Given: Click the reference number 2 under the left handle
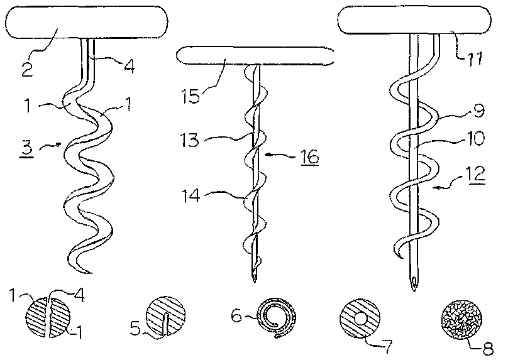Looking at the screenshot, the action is click(x=27, y=69).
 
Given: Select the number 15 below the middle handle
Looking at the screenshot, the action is click(x=191, y=96).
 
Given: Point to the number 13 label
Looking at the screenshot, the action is click(x=190, y=140).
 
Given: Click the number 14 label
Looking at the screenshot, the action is click(x=191, y=196).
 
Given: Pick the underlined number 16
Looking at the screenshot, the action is click(x=310, y=157).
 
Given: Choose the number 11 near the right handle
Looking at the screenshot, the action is click(x=474, y=59).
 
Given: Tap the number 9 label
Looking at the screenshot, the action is click(x=479, y=111).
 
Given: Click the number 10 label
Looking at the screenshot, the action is click(x=475, y=138).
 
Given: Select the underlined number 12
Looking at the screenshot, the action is click(x=476, y=174).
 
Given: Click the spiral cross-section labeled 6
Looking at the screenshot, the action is click(x=276, y=317).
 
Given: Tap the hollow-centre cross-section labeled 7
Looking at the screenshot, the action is click(x=360, y=318).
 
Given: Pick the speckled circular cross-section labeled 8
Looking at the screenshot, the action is click(x=460, y=318).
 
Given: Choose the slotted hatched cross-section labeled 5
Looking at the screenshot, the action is click(x=166, y=315).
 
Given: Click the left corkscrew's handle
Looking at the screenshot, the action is click(x=87, y=22).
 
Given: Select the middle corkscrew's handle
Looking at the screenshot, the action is click(x=255, y=56).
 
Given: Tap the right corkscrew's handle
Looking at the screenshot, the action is click(x=414, y=20).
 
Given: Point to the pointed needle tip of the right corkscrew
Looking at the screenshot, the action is click(x=414, y=291).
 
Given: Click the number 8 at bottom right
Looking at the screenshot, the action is click(x=487, y=349).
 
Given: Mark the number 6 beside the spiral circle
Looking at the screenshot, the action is click(x=236, y=315).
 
